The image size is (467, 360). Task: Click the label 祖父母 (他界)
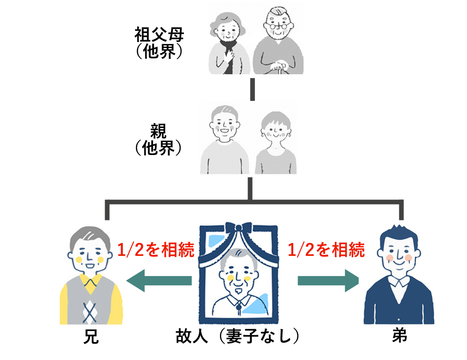159,43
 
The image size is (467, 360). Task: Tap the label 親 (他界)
158,140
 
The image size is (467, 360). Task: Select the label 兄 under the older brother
91,337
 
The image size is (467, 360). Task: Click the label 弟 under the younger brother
399,336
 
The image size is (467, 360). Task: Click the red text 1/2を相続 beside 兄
156,249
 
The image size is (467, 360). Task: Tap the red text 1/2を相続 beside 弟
326,249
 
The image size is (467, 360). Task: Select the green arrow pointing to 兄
159,281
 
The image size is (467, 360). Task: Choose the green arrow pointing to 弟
328,281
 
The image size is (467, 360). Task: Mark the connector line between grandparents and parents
253,89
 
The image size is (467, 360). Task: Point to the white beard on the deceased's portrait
238,290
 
